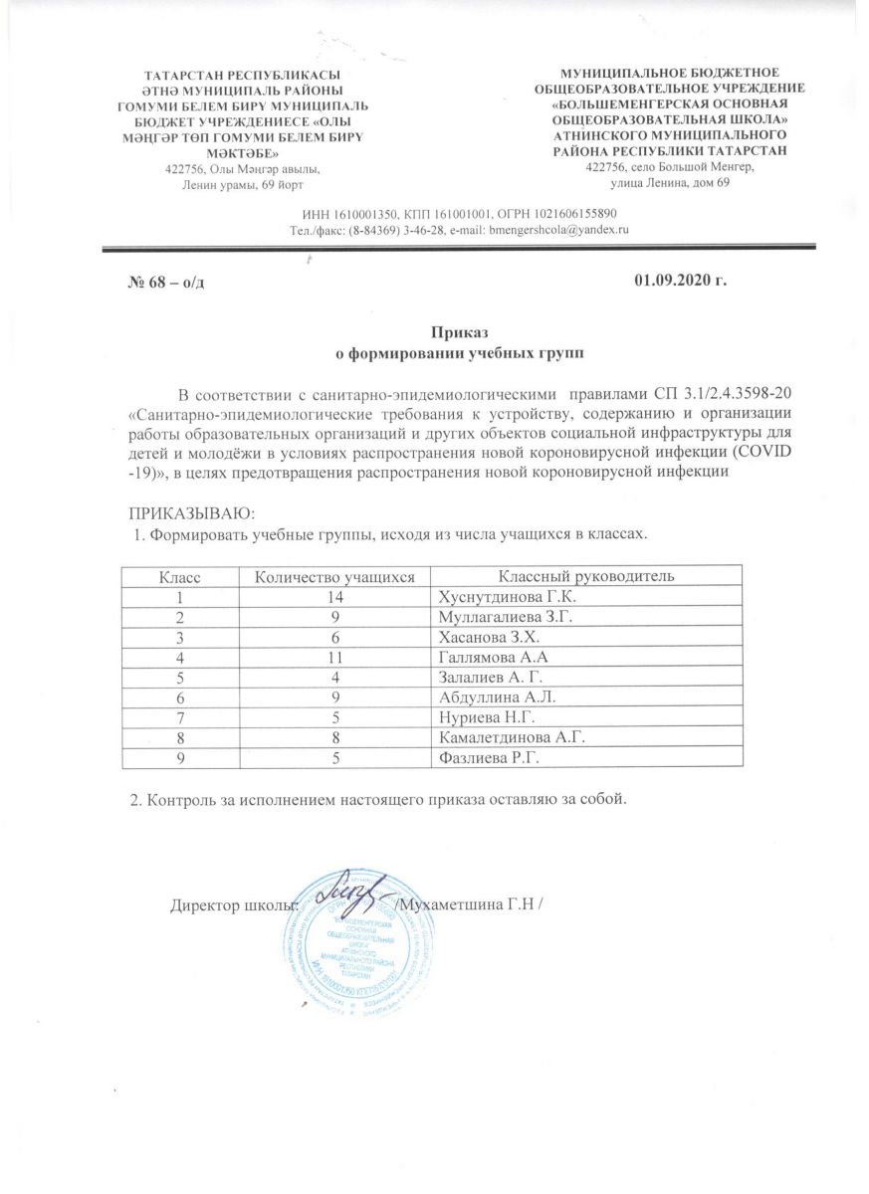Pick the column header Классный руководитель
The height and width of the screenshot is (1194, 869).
(x=587, y=576)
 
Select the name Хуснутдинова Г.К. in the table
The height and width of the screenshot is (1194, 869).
(x=501, y=598)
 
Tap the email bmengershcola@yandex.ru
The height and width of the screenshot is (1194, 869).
(x=556, y=230)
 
